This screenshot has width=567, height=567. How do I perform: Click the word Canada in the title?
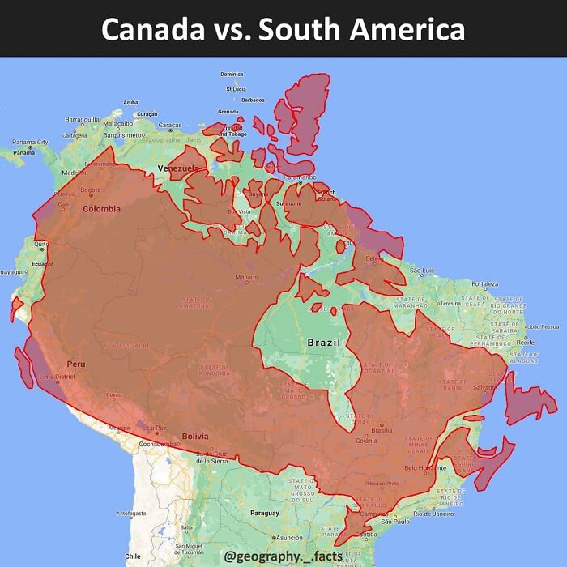[152, 30]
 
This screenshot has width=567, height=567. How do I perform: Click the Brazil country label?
[324, 343]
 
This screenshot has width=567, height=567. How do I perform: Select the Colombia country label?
[101, 209]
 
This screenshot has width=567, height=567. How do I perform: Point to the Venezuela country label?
[177, 168]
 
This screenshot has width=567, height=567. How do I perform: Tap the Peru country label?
[76, 364]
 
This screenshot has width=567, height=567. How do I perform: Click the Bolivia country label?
[195, 436]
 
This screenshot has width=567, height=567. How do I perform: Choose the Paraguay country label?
[264, 513]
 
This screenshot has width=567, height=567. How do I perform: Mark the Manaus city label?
[246, 278]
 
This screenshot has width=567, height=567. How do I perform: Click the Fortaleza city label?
[485, 284]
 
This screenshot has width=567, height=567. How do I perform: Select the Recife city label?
[525, 343]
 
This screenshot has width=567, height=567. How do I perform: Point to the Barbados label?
[253, 100]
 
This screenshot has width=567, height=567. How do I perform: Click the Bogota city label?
[91, 190]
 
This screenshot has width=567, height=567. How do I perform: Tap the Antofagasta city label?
[131, 513]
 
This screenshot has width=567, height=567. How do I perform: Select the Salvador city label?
[485, 387]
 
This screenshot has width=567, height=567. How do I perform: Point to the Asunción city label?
[288, 537]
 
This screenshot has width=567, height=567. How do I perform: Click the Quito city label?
[40, 244]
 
